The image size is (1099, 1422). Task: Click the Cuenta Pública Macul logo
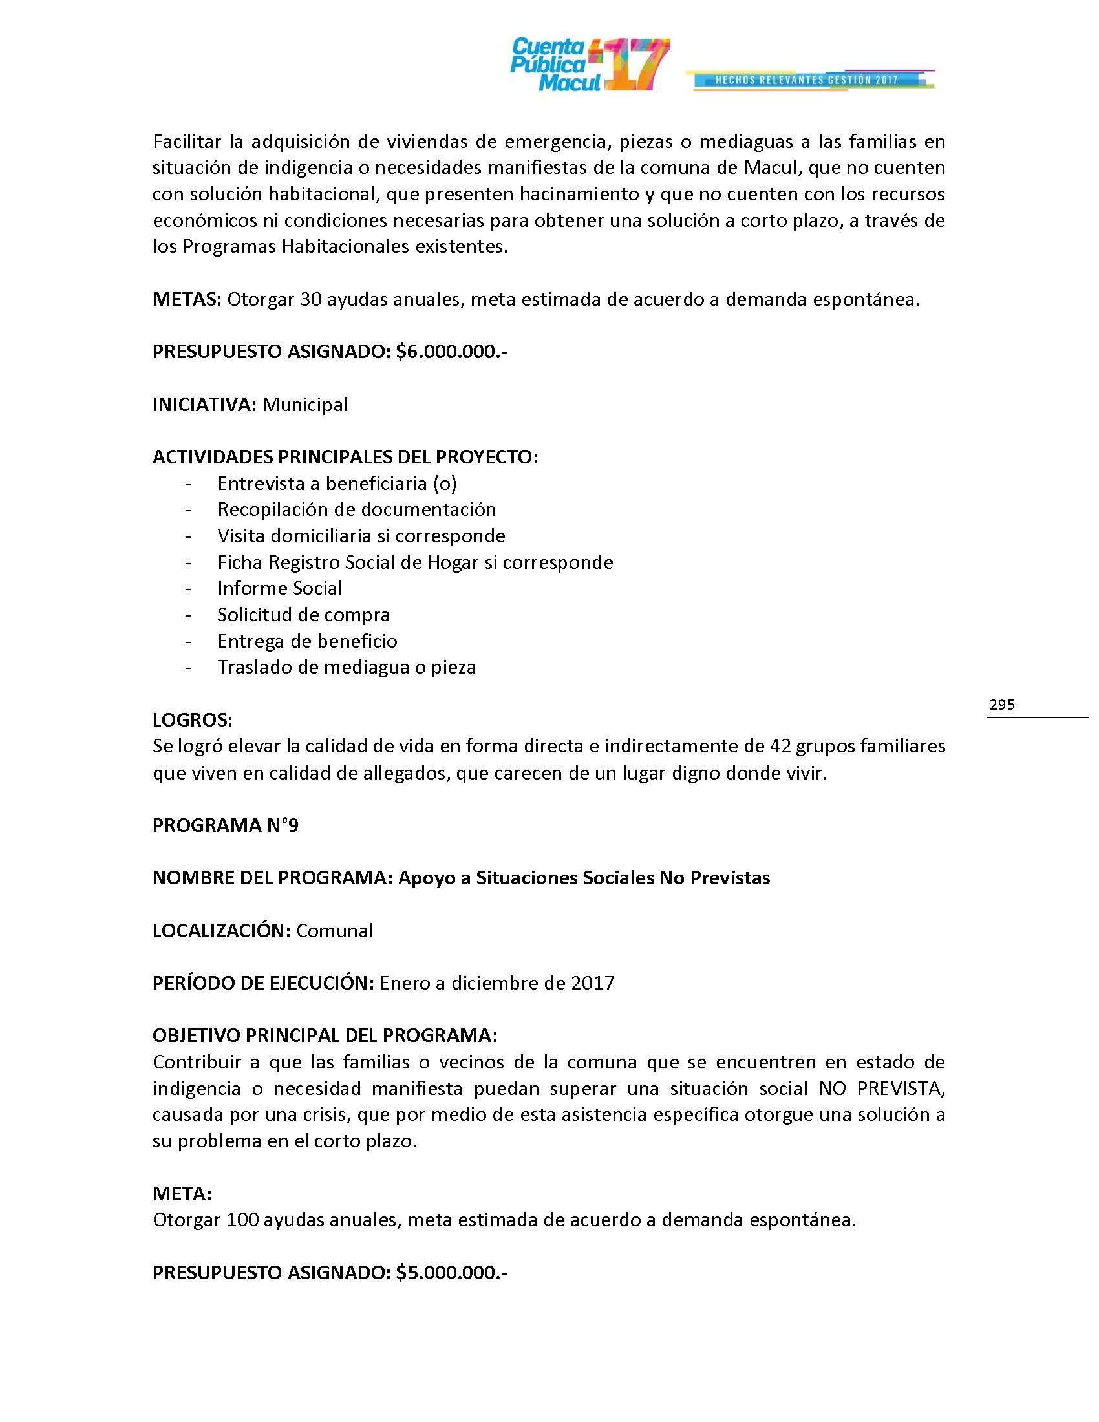pyautogui.click(x=589, y=65)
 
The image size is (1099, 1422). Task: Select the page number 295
pyautogui.click(x=1001, y=704)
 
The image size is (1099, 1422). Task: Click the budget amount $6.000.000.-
pyautogui.click(x=451, y=352)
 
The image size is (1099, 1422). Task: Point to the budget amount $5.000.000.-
pyautogui.click(x=451, y=1271)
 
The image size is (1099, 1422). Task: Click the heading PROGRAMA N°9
pyautogui.click(x=225, y=825)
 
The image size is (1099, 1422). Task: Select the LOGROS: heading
pyautogui.click(x=192, y=719)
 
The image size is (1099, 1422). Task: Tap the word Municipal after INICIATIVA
pyautogui.click(x=304, y=405)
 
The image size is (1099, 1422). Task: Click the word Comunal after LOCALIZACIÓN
pyautogui.click(x=335, y=930)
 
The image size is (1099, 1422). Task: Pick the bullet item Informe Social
pyautogui.click(x=279, y=588)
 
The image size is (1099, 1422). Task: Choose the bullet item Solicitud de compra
pyautogui.click(x=303, y=615)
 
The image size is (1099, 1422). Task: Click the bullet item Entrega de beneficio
pyautogui.click(x=307, y=641)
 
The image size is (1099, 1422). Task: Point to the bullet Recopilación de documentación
pyautogui.click(x=356, y=509)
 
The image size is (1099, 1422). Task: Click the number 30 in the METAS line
pyautogui.click(x=310, y=299)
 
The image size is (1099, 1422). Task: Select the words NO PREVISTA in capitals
pyautogui.click(x=882, y=1088)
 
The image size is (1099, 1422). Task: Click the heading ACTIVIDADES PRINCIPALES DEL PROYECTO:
pyautogui.click(x=345, y=457)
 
